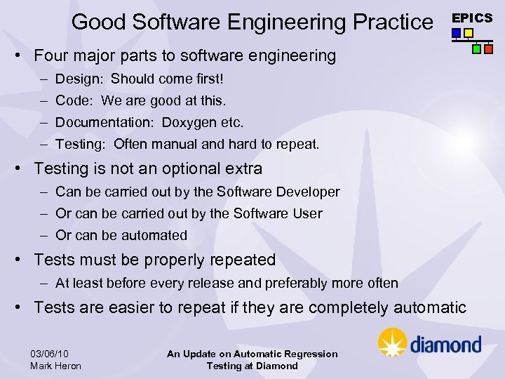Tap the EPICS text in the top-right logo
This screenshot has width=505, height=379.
pos(471,18)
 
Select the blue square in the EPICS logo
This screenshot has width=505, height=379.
pos(457,32)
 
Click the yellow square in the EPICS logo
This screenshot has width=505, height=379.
pos(469,32)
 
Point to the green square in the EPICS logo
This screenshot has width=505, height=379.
pos(476,49)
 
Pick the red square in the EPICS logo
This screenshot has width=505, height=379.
pos(488,49)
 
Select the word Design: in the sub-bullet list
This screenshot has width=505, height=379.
pos(79,79)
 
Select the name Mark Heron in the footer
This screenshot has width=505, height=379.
pos(56,366)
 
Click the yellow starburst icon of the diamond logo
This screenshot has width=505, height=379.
pos(392,343)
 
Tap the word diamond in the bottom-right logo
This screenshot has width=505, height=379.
pos(445,344)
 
